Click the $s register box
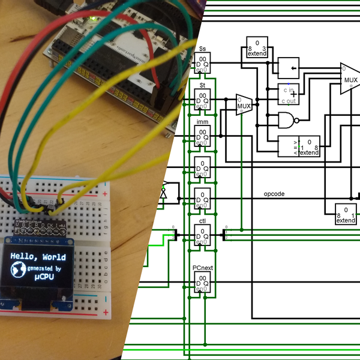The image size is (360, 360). pyautogui.click(x=202, y=62)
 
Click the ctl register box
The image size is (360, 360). pyautogui.click(x=202, y=236)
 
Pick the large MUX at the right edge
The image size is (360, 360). pyautogui.click(x=349, y=79)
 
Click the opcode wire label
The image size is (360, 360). pyautogui.click(x=274, y=194)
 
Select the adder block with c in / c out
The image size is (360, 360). pyautogui.click(x=289, y=92)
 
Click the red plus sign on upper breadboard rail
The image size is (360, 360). pyautogui.click(x=106, y=194)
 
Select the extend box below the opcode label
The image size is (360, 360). pyautogui.click(x=345, y=215)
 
